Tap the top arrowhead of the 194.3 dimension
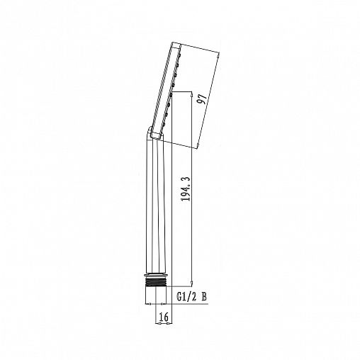click(191, 94)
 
